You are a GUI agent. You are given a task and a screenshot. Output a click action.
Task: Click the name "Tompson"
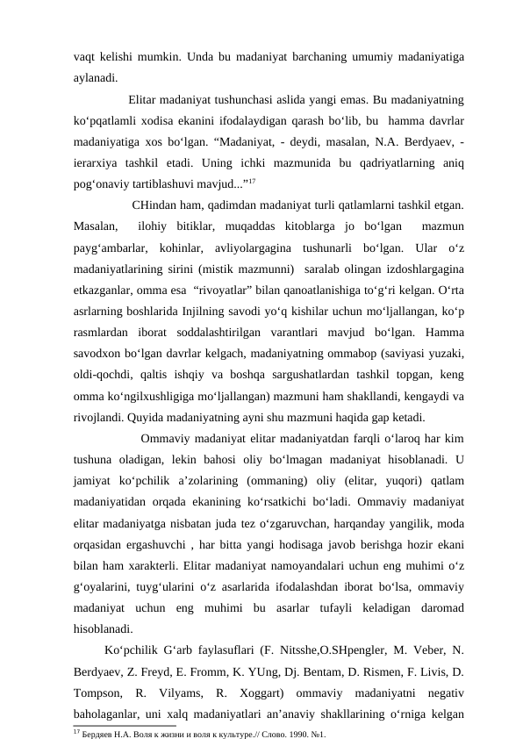pyautogui.click(x=100, y=692)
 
